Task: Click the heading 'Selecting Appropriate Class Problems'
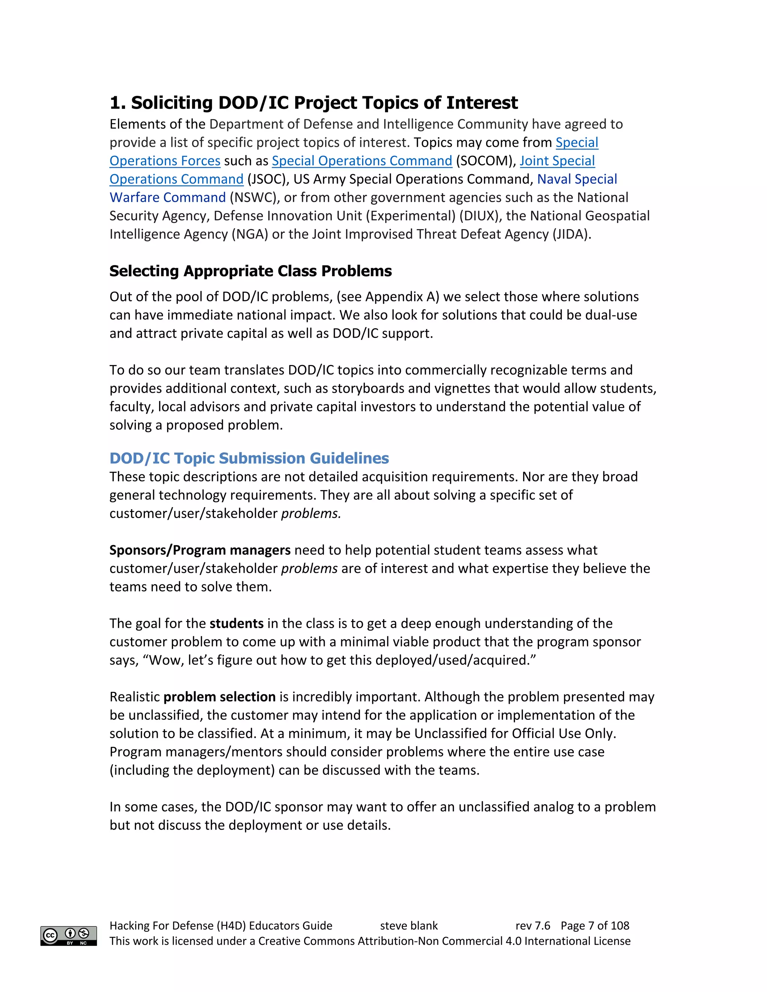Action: tap(251, 271)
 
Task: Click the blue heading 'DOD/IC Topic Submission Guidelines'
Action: tap(249, 458)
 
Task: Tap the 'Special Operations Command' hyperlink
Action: tap(362, 161)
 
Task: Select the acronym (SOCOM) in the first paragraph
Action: tap(486, 161)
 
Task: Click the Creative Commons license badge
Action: tap(69, 936)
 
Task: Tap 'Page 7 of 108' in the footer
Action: tap(595, 926)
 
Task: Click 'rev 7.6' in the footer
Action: tap(533, 926)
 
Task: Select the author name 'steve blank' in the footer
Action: tap(409, 926)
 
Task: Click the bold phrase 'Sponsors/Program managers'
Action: tap(200, 551)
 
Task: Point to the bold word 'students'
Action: tap(236, 624)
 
